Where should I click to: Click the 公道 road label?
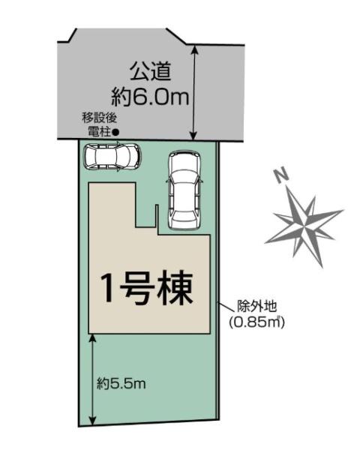coord(151,72)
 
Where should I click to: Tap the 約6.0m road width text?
coord(149,97)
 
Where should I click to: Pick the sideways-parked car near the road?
coord(112,158)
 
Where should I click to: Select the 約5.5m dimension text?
coord(121,384)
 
